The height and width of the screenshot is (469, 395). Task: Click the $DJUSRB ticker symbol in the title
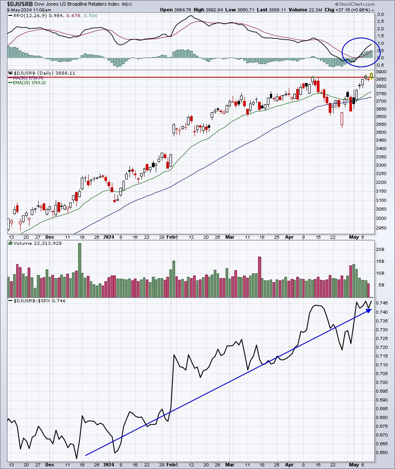tap(16, 4)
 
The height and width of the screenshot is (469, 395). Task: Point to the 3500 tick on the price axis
tap(381, 132)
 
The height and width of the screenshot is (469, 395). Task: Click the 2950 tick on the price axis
tap(381, 228)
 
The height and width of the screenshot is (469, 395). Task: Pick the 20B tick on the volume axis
tap(380, 249)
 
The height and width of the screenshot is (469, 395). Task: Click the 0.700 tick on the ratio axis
tap(382, 382)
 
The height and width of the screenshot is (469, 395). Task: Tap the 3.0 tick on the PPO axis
tap(380, 14)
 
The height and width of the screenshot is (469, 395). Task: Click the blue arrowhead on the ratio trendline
tap(369, 310)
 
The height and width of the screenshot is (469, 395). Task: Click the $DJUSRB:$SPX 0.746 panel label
tap(37, 301)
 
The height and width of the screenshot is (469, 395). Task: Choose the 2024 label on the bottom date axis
tap(108, 464)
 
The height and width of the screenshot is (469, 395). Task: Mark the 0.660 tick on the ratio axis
tap(382, 452)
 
